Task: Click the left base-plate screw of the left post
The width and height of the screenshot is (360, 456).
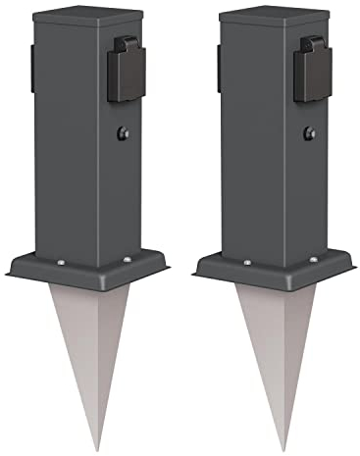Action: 61,261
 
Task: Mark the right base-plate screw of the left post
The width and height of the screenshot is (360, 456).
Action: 128,259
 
